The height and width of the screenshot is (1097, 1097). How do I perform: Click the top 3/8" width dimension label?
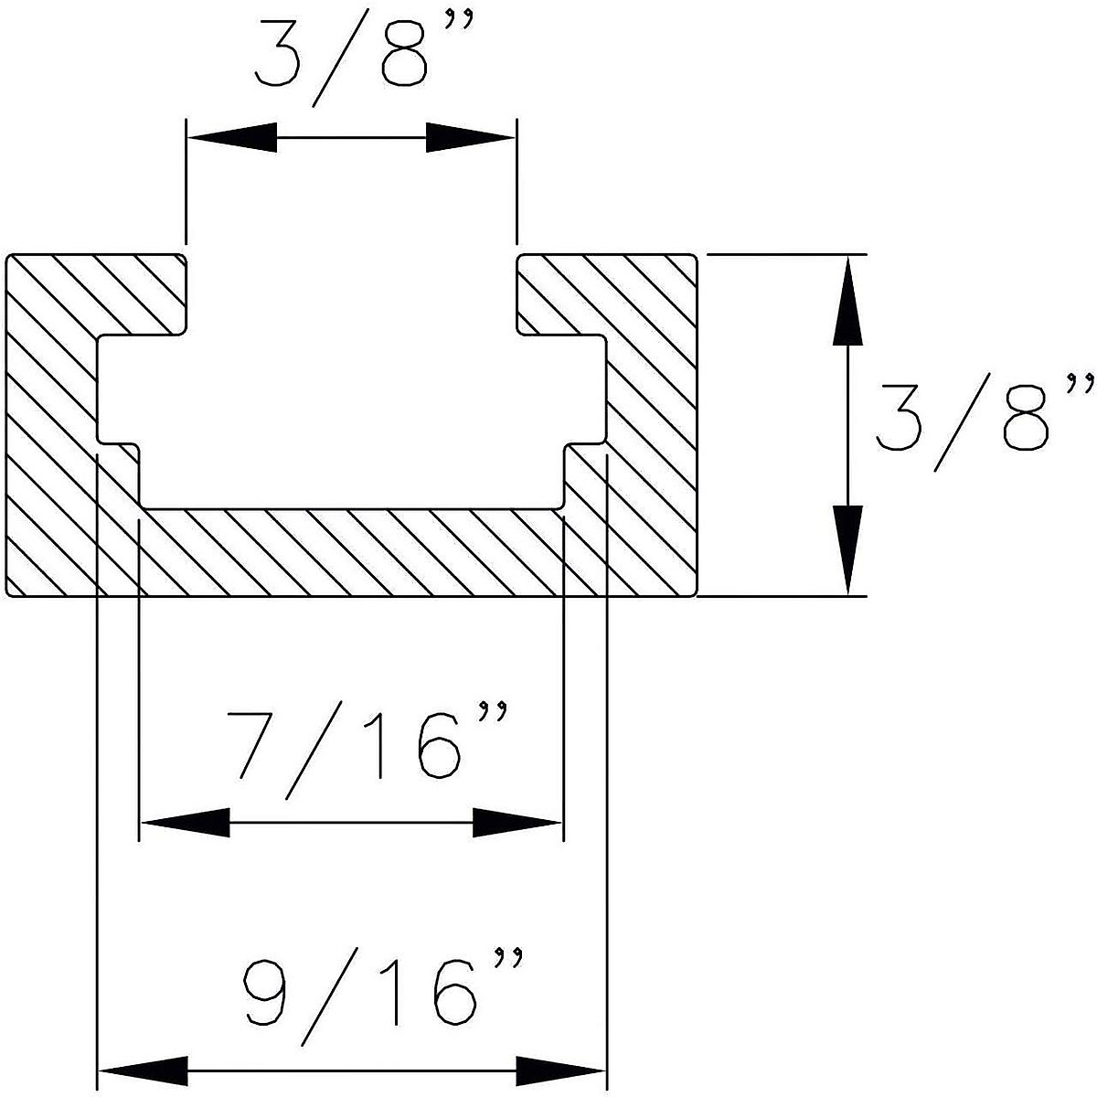coord(352,58)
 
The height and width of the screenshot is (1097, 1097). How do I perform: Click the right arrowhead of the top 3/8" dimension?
coord(471,138)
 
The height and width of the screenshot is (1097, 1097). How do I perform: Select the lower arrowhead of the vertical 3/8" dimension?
coord(848,549)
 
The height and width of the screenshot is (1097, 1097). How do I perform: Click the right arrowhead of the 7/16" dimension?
coord(517,823)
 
